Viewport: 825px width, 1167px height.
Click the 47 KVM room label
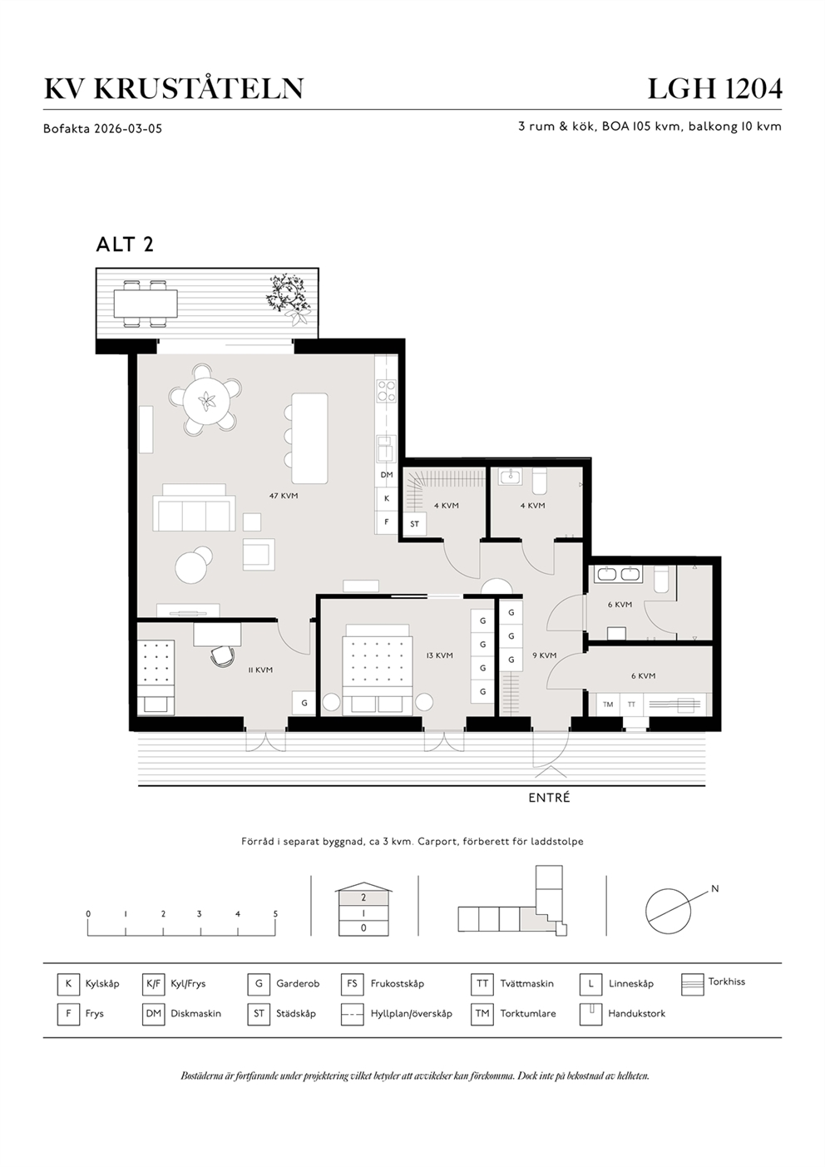coord(284,496)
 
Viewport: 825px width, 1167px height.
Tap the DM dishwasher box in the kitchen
coord(387,475)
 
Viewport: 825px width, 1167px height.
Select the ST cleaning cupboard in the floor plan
coord(415,524)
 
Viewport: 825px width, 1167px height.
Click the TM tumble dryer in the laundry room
coord(608,705)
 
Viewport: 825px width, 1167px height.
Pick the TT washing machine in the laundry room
coord(631,705)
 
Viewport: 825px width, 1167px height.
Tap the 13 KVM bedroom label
coord(439,655)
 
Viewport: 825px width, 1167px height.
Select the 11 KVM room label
coord(260,670)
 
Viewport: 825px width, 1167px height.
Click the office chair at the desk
coord(223,656)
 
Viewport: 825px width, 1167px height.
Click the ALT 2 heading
coord(125,245)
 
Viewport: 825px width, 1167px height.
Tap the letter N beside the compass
coord(715,889)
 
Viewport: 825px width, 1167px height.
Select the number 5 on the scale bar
coord(275,914)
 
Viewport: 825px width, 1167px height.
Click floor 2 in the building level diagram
coord(363,898)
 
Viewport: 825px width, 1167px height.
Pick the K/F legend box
coord(153,984)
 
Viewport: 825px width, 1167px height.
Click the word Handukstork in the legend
coord(636,1014)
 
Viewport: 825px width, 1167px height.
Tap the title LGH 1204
coord(714,89)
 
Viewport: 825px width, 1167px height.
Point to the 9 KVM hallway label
coord(545,655)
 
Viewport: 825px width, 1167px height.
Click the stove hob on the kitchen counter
coord(387,391)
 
